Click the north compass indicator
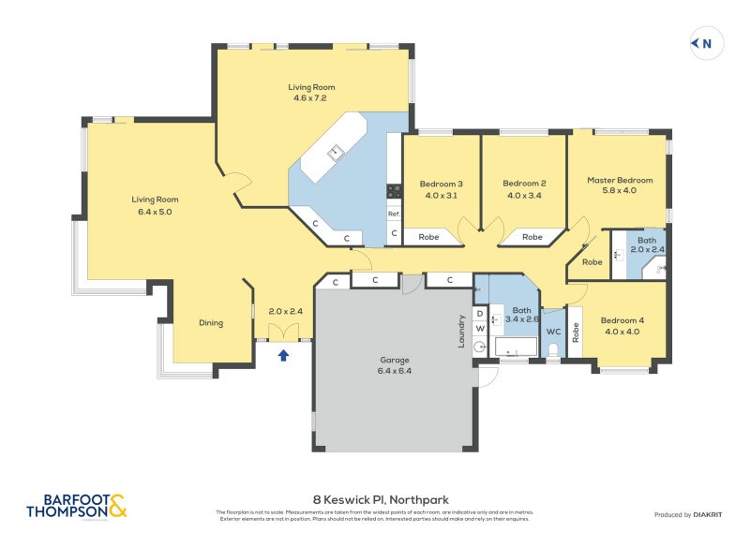[704, 43]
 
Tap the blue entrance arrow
[283, 354]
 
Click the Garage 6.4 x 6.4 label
[395, 364]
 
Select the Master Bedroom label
[620, 185]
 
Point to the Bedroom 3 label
[441, 189]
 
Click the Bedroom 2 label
[524, 189]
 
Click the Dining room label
[211, 323]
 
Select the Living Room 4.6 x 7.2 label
[311, 93]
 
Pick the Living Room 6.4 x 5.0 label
[155, 205]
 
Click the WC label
[553, 331]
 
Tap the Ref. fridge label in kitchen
[395, 214]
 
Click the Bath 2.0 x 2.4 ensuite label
[647, 245]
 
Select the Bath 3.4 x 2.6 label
[522, 315]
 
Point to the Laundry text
[460, 331]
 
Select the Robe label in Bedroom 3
[429, 237]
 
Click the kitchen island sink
[335, 152]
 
